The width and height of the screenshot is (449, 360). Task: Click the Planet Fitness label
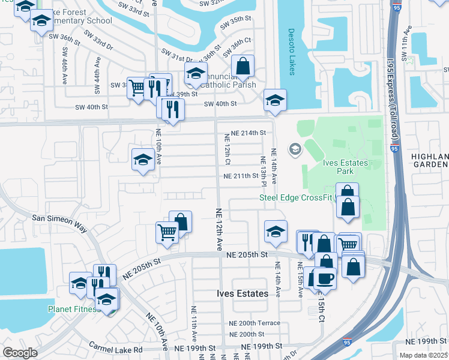click(x=72, y=310)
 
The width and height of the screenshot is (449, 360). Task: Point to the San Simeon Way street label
click(x=59, y=221)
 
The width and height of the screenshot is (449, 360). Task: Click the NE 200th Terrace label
click(x=255, y=323)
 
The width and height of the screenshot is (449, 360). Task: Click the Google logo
click(x=20, y=353)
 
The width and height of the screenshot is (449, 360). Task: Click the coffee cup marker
click(x=324, y=279)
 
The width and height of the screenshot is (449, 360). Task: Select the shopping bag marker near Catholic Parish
click(x=243, y=67)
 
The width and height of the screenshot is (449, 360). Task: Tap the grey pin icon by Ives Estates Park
click(x=295, y=149)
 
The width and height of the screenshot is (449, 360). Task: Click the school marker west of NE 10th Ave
click(x=143, y=160)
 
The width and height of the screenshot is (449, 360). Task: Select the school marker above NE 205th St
click(x=275, y=232)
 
